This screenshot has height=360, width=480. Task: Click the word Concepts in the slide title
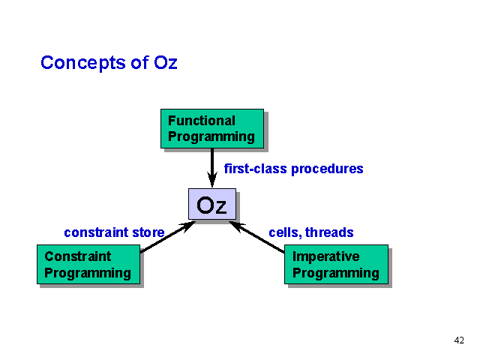pos(83,63)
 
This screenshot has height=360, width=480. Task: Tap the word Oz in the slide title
pos(165,62)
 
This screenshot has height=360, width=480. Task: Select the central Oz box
pos(212,204)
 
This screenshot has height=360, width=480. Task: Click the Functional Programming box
pos(212,128)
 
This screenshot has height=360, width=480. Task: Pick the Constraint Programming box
pos(88,264)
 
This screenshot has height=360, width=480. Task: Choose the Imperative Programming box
pos(336,264)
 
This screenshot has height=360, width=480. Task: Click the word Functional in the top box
pos(202,121)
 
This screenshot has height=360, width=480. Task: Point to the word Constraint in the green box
pos(78,256)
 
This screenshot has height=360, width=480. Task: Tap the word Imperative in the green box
pos(326,256)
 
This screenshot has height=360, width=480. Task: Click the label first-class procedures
pos(293,169)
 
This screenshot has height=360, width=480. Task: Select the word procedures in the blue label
pos(327,169)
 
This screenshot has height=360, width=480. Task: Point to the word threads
pos(329,232)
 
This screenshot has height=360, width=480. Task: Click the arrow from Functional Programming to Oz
pos(212,168)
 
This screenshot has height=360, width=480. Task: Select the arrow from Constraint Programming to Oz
pos(168,237)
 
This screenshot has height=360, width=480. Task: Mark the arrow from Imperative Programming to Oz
pos(256,237)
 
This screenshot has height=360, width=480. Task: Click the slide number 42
pos(459,340)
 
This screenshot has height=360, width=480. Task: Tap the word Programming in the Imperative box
pos(336,273)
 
